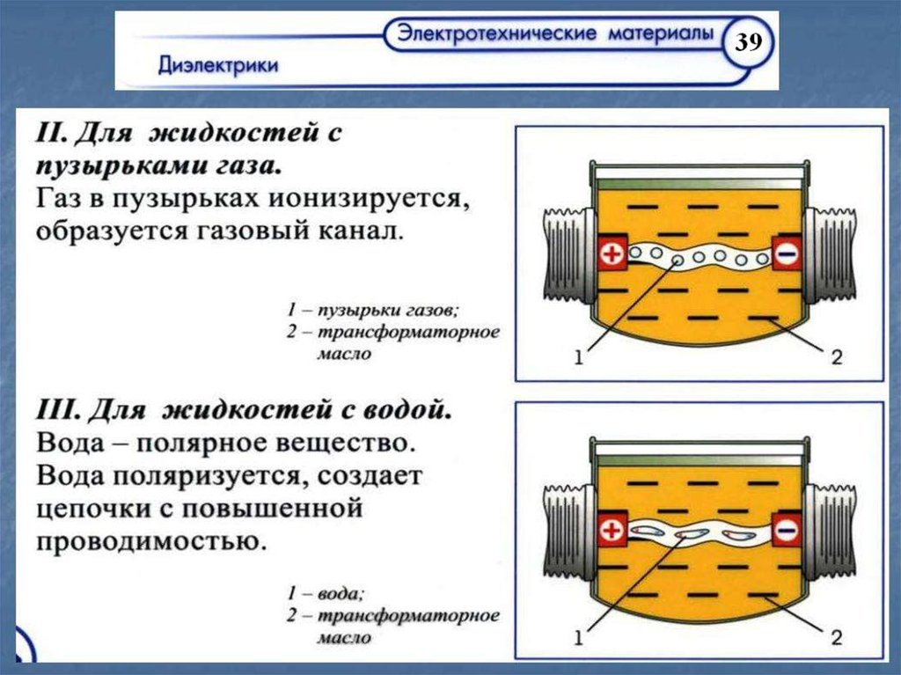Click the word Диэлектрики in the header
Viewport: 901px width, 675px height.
219,65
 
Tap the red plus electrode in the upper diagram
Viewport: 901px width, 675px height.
612,255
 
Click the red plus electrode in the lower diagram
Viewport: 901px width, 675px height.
612,531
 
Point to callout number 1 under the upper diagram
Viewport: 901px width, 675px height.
578,357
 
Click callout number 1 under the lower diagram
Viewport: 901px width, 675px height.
578,635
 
